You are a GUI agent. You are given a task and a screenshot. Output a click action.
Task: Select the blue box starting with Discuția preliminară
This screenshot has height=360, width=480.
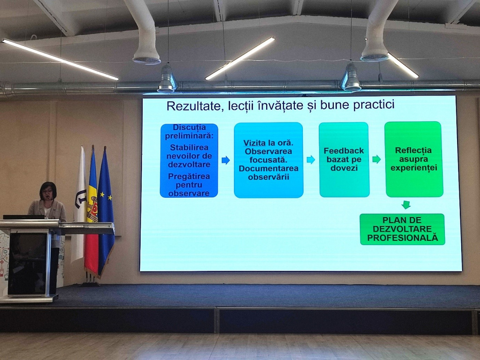[x=189, y=160]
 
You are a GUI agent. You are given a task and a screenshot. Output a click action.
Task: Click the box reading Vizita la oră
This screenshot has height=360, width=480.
[x=269, y=160]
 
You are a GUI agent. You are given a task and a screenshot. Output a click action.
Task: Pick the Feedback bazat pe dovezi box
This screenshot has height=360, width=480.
[x=344, y=159]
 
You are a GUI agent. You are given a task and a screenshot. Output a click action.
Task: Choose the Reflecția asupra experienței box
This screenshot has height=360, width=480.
[x=413, y=159]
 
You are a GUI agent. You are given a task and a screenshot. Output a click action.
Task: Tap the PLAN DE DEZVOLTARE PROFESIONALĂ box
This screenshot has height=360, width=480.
[x=402, y=229]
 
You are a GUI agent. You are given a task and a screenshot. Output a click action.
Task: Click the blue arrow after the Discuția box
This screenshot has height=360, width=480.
[x=225, y=160]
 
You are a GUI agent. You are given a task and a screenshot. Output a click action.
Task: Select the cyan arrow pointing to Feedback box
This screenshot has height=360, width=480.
[x=311, y=159]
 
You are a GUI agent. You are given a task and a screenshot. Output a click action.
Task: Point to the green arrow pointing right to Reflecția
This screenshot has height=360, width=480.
[x=376, y=159]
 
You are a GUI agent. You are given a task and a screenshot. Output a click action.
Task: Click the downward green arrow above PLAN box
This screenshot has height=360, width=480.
[x=406, y=204]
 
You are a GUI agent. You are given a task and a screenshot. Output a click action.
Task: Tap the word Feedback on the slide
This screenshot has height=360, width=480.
[x=344, y=150]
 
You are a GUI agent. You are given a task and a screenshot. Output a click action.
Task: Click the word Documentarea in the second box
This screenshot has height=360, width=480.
[x=269, y=168]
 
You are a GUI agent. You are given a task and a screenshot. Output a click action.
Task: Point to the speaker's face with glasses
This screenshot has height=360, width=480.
[x=48, y=192]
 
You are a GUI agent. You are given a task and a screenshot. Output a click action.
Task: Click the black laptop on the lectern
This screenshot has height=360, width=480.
[x=24, y=217]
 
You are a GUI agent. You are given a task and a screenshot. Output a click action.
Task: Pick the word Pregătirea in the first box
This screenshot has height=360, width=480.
[x=189, y=177]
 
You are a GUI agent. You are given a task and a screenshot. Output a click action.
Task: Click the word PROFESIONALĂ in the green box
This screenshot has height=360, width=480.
[x=403, y=238]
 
